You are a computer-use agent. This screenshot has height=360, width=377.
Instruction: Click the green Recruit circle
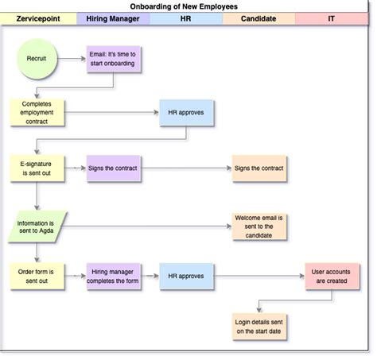coord(37,59)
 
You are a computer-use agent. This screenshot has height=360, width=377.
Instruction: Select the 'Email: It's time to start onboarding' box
coord(113,59)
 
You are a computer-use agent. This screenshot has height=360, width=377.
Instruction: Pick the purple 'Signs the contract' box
coord(113,168)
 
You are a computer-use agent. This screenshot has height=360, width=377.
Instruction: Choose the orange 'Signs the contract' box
coord(259,168)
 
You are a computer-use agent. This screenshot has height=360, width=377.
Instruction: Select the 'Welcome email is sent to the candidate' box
coord(259,226)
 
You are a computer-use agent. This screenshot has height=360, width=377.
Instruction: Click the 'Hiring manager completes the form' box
coord(113,277)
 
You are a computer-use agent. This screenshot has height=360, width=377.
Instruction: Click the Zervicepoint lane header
coord(39,17)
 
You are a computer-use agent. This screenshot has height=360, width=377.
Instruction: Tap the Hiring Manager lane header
coord(113,17)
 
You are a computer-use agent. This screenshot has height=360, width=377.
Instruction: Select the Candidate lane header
coord(258,17)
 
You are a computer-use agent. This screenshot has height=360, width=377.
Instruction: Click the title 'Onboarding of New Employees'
coord(184,6)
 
